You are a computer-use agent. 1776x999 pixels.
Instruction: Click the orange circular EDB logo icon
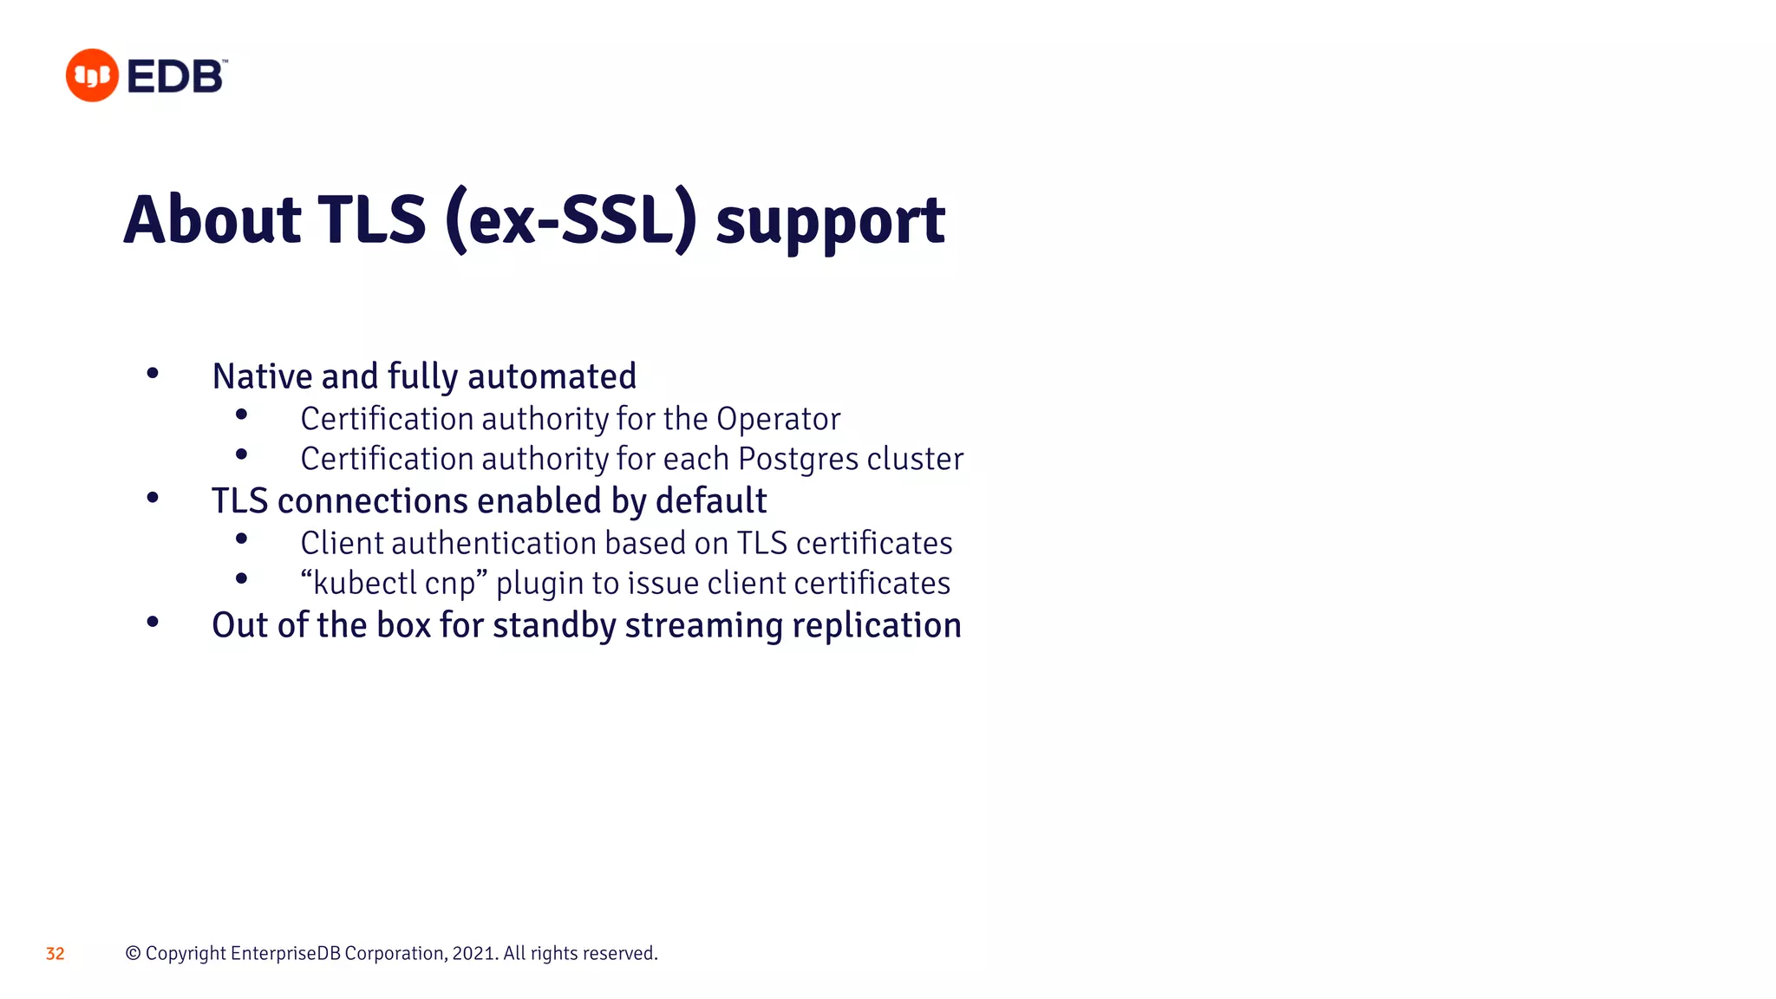click(92, 75)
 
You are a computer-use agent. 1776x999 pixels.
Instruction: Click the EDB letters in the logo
click(175, 77)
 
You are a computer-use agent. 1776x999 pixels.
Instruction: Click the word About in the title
click(212, 220)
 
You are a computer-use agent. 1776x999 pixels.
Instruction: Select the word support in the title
click(830, 222)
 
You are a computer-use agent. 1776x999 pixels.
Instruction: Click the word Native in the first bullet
click(262, 376)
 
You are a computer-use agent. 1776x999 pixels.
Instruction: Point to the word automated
click(552, 376)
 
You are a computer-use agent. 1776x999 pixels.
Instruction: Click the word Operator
click(778, 419)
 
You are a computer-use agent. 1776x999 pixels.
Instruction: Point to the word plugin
click(539, 584)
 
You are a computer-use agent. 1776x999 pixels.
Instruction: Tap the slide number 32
click(55, 954)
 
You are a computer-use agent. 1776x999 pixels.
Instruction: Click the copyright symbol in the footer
click(133, 953)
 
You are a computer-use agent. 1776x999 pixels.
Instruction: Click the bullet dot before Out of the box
click(153, 622)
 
